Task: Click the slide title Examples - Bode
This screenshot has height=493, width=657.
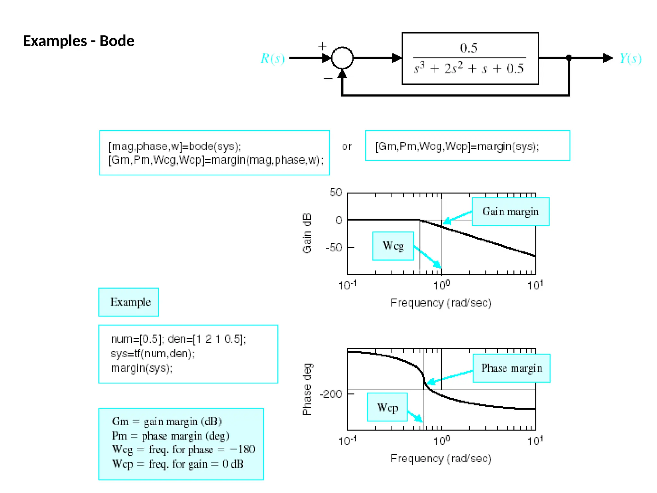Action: (x=79, y=41)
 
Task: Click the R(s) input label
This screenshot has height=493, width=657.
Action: (x=272, y=58)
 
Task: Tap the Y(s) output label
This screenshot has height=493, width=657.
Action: (x=630, y=58)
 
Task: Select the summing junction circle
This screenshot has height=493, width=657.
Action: (x=342, y=58)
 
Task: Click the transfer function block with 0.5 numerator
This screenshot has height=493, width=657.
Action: (x=470, y=58)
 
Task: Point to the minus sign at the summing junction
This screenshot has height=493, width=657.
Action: (x=328, y=78)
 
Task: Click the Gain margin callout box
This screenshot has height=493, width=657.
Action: (x=510, y=212)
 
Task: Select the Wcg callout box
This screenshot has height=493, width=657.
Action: (x=393, y=246)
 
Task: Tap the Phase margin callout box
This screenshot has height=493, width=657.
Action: (x=511, y=368)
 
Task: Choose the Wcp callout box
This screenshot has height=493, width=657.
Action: (x=387, y=407)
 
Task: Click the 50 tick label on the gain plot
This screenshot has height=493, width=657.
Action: (x=336, y=193)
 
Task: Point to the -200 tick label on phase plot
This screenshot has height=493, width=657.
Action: (x=331, y=394)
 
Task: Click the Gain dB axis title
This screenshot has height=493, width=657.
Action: (x=307, y=233)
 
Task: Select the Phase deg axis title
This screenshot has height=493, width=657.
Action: (x=307, y=389)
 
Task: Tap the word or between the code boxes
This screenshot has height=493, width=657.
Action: (x=346, y=147)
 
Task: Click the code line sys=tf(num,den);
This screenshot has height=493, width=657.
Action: (x=153, y=354)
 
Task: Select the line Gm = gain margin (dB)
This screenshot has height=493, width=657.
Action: (x=166, y=421)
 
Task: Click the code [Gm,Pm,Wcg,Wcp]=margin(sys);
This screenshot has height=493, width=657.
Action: (x=457, y=146)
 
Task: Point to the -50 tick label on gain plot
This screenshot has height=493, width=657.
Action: (x=334, y=247)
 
